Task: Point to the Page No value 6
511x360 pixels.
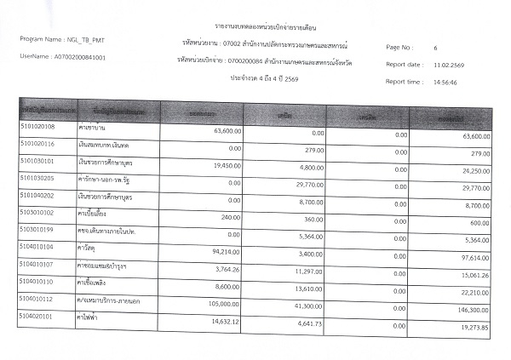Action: click(x=435, y=48)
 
